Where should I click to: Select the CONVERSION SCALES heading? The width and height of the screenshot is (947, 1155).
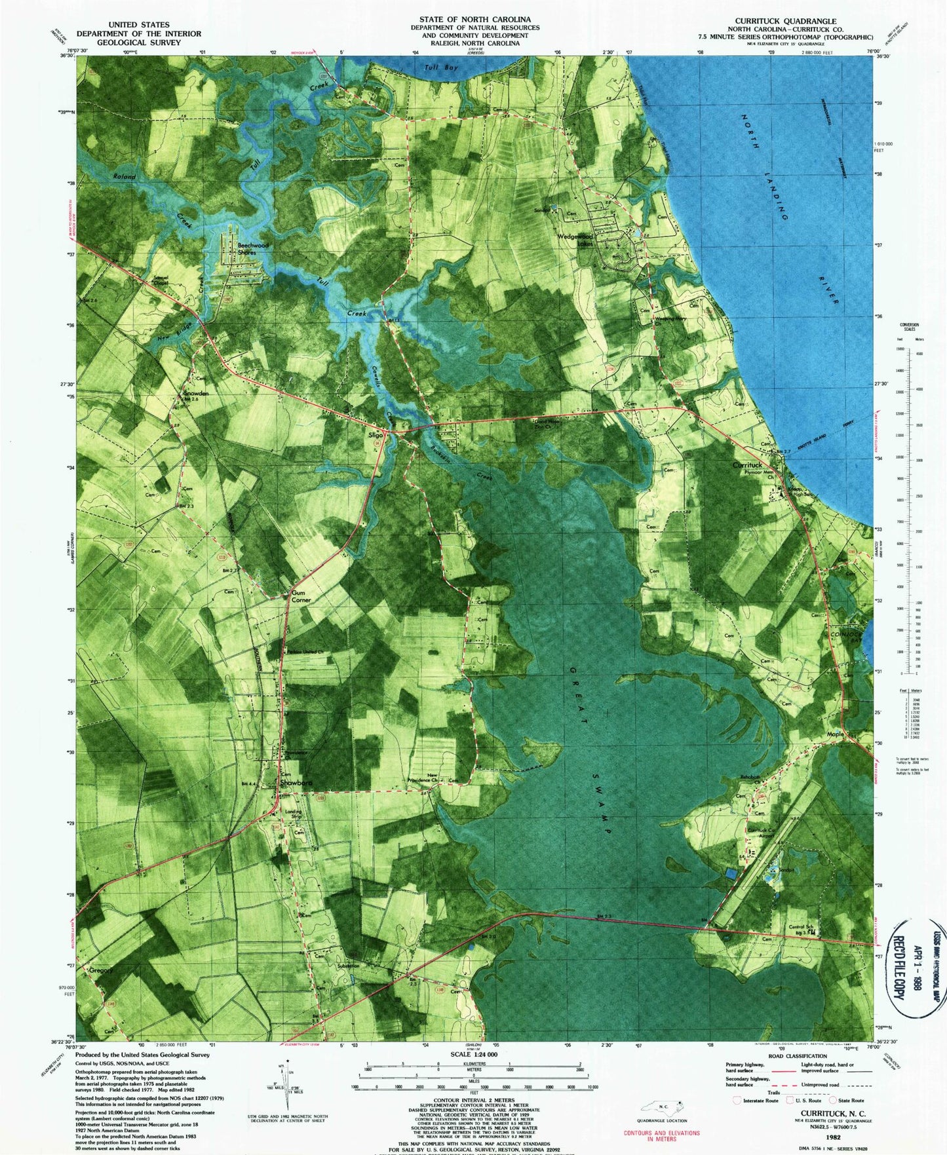(x=909, y=327)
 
